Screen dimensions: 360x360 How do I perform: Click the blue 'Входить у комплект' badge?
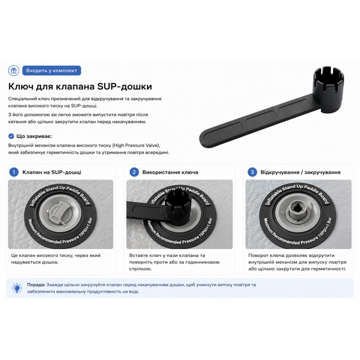[x=51, y=70]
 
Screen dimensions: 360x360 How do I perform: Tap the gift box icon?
[x=14, y=70]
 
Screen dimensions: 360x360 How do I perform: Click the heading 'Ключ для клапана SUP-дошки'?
[x=80, y=86]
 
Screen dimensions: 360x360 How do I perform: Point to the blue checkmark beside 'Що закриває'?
[x=11, y=137]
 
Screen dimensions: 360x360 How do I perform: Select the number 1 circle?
[x=14, y=172]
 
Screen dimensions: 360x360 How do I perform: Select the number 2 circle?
[x=134, y=172]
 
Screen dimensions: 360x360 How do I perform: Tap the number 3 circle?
[x=252, y=172]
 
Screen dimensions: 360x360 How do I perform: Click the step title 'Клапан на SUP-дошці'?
[x=52, y=173]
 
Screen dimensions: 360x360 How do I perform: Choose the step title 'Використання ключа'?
[x=170, y=173]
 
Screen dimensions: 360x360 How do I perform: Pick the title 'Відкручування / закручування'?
[x=301, y=173]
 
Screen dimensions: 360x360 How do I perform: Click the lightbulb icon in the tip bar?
[x=17, y=288]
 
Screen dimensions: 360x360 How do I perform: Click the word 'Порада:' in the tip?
[x=36, y=285]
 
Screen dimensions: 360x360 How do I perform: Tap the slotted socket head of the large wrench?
[x=329, y=89]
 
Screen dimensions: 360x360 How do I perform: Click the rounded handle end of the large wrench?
[x=209, y=138]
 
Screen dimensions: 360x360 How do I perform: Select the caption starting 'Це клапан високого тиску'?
[x=56, y=259]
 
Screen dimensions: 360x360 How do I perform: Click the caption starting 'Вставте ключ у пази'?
[x=174, y=262]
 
